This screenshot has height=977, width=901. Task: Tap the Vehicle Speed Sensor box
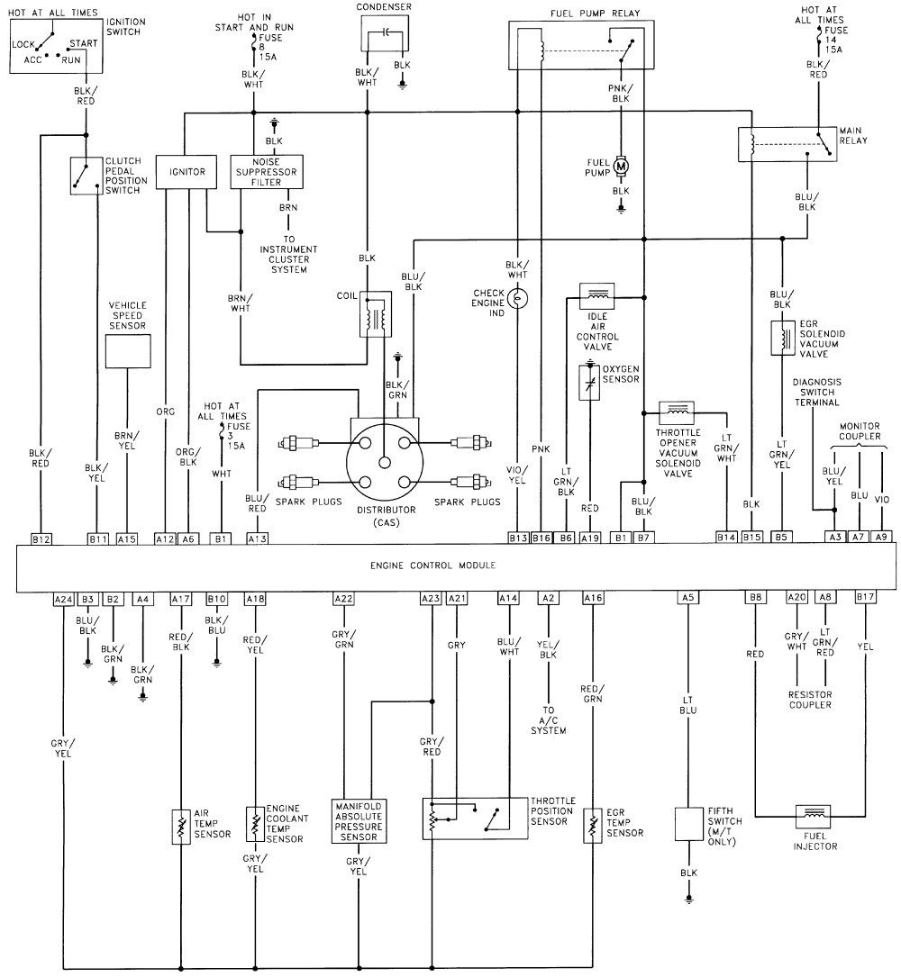(128, 350)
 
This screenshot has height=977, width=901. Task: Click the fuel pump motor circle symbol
(621, 165)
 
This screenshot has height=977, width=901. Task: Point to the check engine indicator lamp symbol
(519, 297)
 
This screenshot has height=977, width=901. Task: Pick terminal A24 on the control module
(63, 599)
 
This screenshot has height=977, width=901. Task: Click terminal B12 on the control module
(41, 538)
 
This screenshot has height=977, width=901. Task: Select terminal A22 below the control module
(343, 599)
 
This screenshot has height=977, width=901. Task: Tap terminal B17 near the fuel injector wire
(865, 599)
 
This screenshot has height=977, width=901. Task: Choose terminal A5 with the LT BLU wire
(688, 599)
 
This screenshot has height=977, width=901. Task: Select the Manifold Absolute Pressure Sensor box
(359, 820)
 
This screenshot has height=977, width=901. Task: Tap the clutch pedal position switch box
(87, 176)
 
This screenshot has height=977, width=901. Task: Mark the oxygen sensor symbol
(589, 384)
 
